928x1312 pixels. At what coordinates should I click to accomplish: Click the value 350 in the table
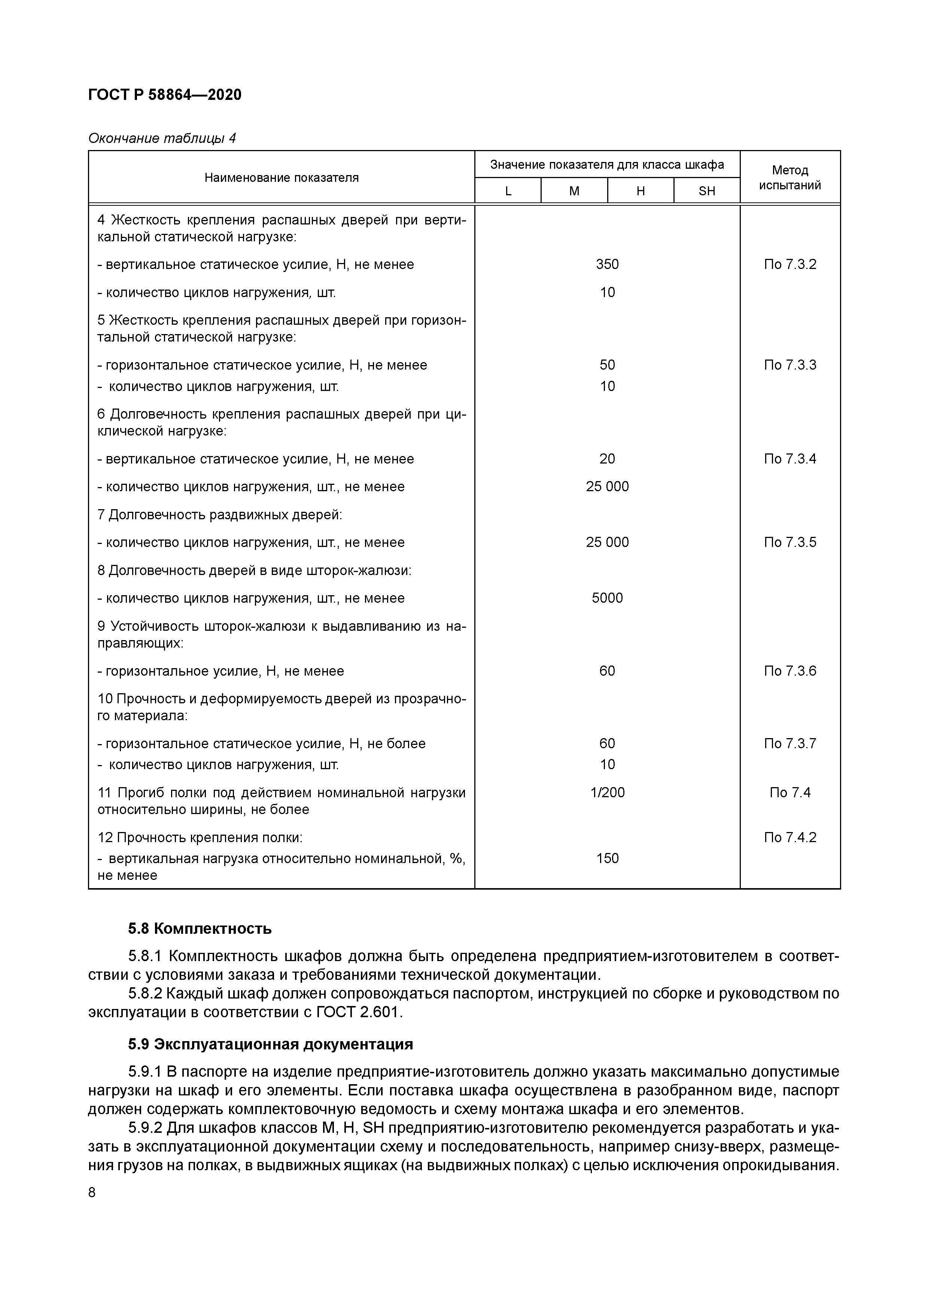(607, 264)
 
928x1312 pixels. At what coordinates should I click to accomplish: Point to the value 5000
(607, 598)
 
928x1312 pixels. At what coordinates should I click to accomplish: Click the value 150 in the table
(607, 858)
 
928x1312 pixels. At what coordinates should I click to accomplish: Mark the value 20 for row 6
(607, 459)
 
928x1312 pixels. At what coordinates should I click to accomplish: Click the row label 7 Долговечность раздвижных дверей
(220, 515)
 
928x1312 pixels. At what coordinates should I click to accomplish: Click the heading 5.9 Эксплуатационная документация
(270, 1045)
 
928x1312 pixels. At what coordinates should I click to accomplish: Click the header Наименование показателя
(281, 178)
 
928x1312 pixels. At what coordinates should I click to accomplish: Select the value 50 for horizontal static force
(607, 365)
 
